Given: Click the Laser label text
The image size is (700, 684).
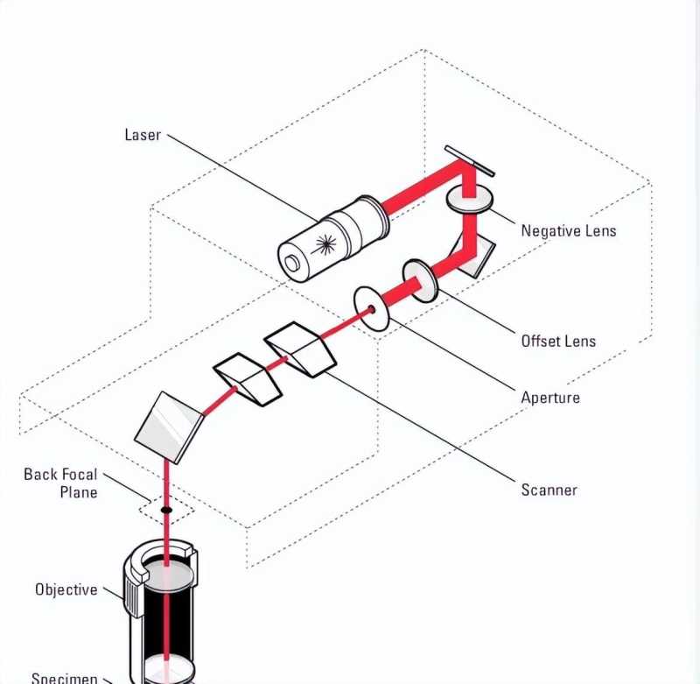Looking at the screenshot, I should [x=143, y=135].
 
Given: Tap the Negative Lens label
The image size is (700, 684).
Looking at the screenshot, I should [x=568, y=231].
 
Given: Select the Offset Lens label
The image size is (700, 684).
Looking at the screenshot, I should [x=558, y=341].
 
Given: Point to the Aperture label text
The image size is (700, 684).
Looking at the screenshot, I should [x=549, y=398].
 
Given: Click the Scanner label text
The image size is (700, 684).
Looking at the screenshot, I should [x=549, y=490].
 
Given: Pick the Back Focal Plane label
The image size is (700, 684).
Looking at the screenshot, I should [x=60, y=483].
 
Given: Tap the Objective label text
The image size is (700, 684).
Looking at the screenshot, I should [x=66, y=589].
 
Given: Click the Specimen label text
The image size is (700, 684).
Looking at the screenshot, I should [x=64, y=677].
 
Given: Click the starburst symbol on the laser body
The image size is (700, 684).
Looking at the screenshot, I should [x=326, y=243].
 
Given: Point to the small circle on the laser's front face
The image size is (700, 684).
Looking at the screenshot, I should [x=292, y=260].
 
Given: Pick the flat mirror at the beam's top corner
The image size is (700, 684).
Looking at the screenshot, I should [x=469, y=161].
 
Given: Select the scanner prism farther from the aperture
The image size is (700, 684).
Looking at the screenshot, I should [x=248, y=378].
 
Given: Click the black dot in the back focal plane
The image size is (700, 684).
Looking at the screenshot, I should [x=165, y=509].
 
